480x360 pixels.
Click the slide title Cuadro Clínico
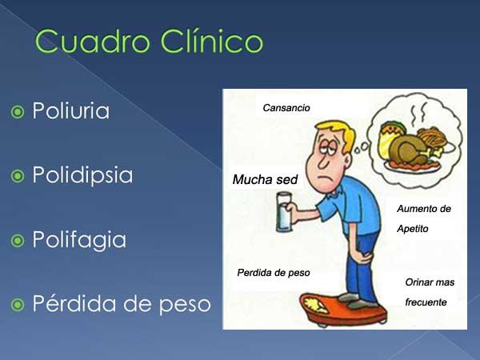[149, 42]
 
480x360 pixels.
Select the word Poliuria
[70, 110]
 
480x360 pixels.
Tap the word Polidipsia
[82, 175]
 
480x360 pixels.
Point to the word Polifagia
[79, 240]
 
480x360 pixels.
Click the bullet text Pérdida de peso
[122, 303]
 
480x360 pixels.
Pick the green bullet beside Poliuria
[18, 112]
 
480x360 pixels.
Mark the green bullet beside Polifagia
[18, 241]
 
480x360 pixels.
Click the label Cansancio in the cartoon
[286, 108]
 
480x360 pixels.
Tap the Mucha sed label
[265, 179]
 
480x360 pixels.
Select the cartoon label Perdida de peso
[274, 273]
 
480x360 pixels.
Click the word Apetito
[412, 229]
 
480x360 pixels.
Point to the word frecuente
[426, 302]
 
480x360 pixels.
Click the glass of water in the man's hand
[284, 212]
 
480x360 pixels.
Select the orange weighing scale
[343, 310]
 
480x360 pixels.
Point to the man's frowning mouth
[324, 178]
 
